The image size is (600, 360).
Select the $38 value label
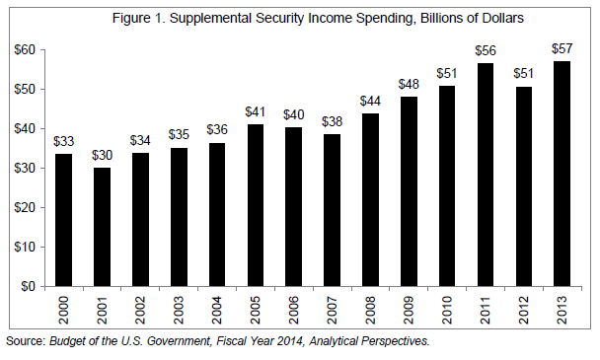333,122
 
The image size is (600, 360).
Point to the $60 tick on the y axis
24,50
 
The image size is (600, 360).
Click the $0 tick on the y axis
28,286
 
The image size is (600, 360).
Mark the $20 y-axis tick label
24,207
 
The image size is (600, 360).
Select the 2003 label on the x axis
178,309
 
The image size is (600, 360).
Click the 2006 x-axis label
293,309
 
